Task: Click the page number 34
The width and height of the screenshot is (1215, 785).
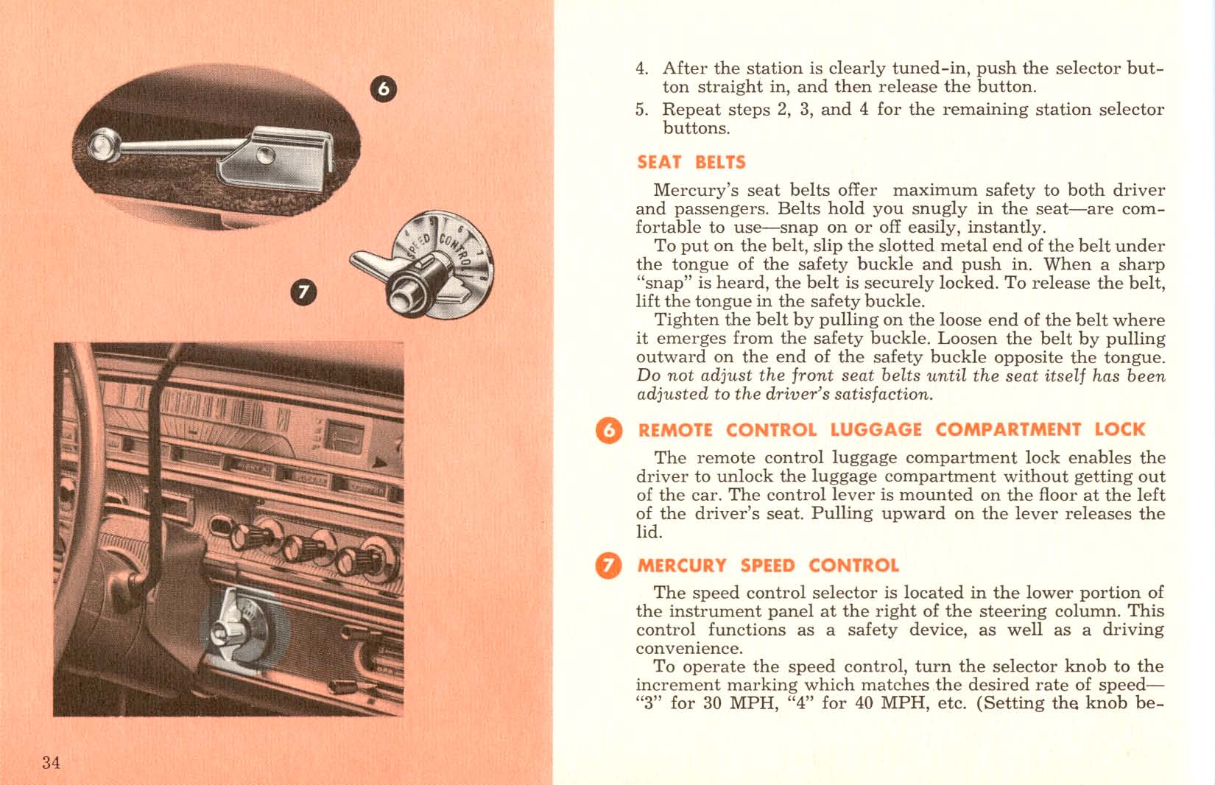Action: [51, 762]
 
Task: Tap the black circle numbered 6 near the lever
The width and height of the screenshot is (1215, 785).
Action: [382, 89]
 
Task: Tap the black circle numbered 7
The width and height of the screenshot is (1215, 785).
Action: [303, 292]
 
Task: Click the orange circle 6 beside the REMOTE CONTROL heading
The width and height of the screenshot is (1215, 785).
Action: [608, 430]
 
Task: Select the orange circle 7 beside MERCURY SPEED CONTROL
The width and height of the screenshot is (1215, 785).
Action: [608, 566]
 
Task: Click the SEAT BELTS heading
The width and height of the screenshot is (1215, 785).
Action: [691, 162]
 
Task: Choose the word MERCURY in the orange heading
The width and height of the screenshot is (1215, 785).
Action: [681, 566]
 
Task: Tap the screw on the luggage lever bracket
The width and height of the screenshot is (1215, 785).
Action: [265, 155]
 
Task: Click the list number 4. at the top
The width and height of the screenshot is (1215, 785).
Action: [642, 68]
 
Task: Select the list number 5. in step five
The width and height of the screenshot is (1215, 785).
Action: [642, 110]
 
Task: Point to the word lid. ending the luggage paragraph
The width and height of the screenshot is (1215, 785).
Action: [649, 532]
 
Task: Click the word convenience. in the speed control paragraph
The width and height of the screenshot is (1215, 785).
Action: [688, 649]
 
